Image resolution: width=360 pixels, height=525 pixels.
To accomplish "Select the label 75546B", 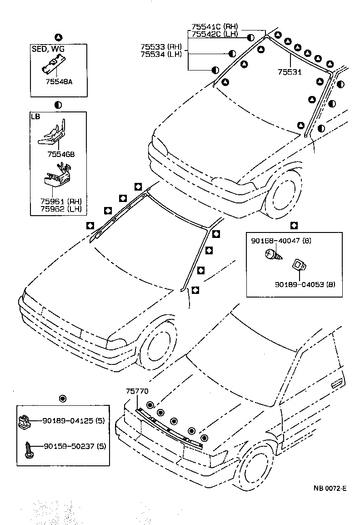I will (x=60, y=154).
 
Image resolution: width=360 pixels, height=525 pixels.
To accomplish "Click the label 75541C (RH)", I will (x=215, y=27).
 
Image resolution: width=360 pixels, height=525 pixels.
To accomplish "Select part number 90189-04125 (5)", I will (x=75, y=421).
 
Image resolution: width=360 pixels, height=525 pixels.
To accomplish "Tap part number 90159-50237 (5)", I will (x=75, y=446).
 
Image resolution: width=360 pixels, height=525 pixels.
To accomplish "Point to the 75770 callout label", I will (x=137, y=391).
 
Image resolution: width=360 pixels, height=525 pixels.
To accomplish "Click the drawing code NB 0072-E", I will (x=330, y=489).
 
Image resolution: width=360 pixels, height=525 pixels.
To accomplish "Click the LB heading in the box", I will (x=35, y=116).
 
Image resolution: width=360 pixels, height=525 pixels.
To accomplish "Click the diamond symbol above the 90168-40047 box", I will (x=294, y=225).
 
